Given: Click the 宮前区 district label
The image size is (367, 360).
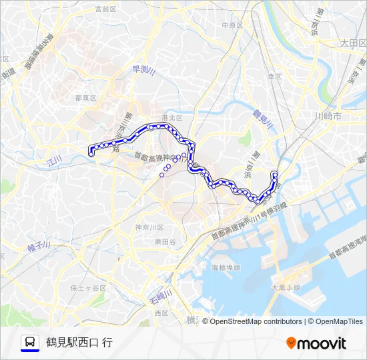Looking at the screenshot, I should click(x=105, y=9).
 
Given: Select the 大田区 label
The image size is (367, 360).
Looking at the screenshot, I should click(x=353, y=42).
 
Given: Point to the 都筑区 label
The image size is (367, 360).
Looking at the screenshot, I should click(x=86, y=97).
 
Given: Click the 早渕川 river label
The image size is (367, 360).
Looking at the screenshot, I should click(x=143, y=71).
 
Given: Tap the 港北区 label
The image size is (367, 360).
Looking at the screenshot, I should click(x=172, y=117).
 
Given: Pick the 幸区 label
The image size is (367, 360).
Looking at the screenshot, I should click(x=275, y=77).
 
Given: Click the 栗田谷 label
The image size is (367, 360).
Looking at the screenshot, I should click(x=165, y=242).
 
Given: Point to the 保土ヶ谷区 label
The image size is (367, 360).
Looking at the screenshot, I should click(x=88, y=288).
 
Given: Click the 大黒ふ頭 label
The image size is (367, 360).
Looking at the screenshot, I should click(x=286, y=288).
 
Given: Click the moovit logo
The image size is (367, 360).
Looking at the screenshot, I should click(x=316, y=343).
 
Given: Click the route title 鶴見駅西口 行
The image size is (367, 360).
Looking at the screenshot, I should click(x=79, y=343).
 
